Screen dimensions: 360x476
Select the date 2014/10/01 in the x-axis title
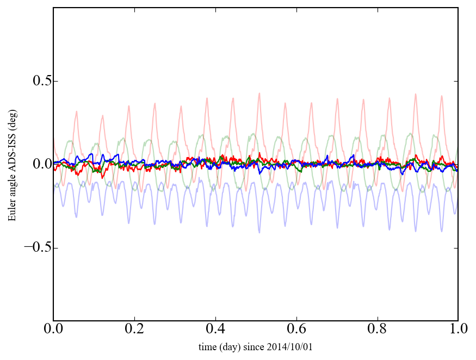[x=293, y=347]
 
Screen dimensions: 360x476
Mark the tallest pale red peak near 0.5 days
[x=259, y=93]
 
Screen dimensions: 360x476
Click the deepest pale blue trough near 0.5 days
[x=259, y=233]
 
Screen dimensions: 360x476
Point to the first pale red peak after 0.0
[x=77, y=111]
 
